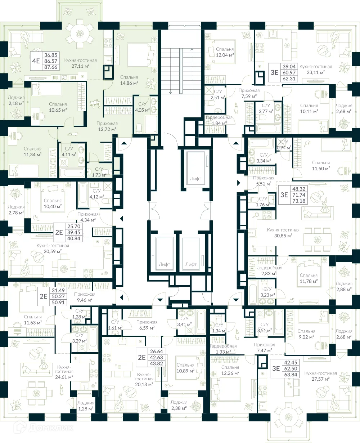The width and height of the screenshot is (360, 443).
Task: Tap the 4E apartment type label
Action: [x=36, y=61]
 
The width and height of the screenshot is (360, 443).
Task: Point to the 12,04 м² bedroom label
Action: [x=225, y=52]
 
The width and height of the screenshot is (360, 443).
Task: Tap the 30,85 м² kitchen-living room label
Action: [x=283, y=233]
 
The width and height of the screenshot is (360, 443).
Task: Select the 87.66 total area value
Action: [x=51, y=67]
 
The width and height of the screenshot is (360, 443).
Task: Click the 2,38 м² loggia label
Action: [x=179, y=405]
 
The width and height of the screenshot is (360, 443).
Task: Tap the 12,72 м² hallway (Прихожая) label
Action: [x=107, y=126]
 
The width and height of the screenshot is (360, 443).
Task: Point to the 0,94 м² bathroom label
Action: [x=284, y=145]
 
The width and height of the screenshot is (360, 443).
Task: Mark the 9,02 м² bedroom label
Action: [x=306, y=334]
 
